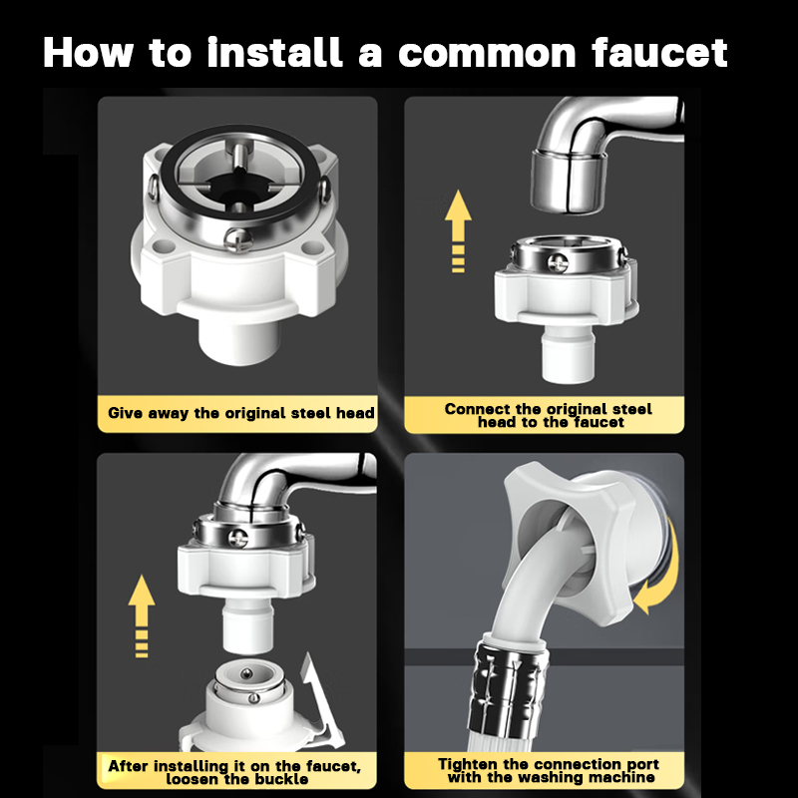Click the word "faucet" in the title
(x=659, y=52)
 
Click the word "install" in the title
(x=275, y=52)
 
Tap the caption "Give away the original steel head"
(x=241, y=413)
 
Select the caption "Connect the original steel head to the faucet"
(x=548, y=415)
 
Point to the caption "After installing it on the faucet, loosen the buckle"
(x=234, y=772)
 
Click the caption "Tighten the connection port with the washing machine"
(x=549, y=770)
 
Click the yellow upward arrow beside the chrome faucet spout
(x=458, y=231)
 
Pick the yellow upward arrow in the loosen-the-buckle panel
(x=142, y=615)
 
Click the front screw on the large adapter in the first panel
(x=237, y=239)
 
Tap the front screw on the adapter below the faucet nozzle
(x=558, y=262)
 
